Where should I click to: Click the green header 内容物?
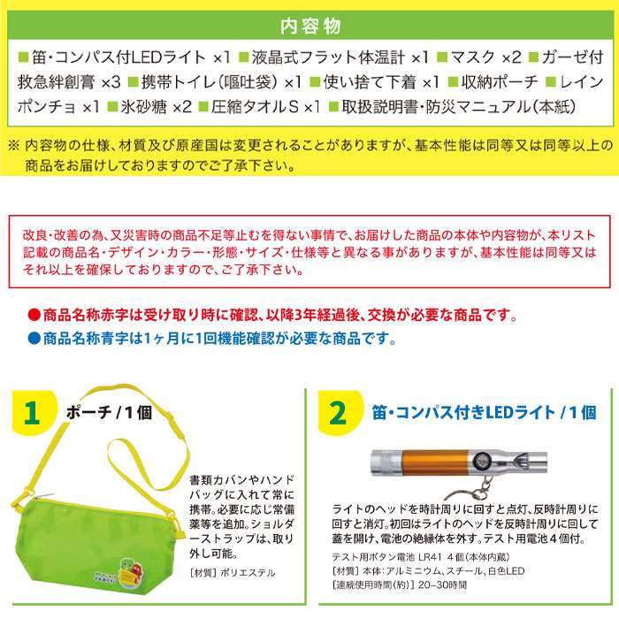(310, 26)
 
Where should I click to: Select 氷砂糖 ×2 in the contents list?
(157, 107)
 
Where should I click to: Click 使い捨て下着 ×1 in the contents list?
(381, 82)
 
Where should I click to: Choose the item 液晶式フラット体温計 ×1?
(340, 57)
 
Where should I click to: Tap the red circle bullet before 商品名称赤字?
(34, 315)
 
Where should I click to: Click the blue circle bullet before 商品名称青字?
(34, 339)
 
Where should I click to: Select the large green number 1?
(32, 413)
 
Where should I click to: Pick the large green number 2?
(338, 413)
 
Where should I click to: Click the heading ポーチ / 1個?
(109, 413)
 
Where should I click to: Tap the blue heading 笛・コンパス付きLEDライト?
(463, 413)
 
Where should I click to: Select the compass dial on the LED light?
(482, 461)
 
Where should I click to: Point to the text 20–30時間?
(442, 585)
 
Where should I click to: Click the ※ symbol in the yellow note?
(14, 146)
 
